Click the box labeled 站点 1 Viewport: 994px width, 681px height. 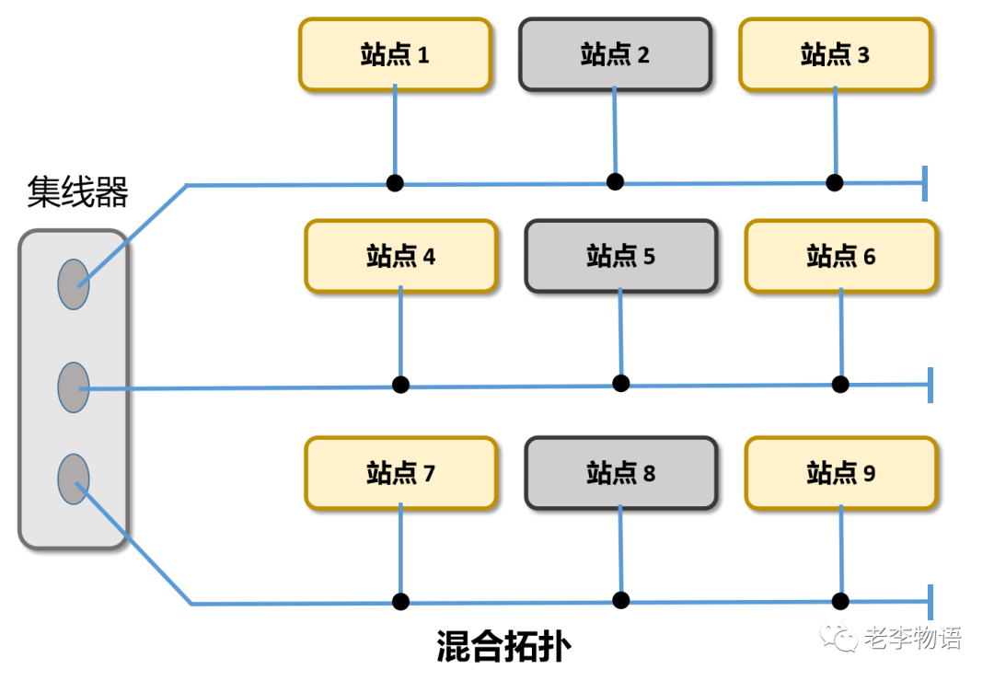pos(395,54)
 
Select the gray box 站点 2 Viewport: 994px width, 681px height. pos(615,54)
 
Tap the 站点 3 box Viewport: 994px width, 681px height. pos(836,54)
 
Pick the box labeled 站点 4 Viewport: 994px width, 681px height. pos(401,256)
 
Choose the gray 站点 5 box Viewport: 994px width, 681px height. pos(621,256)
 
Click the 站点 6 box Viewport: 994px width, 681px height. pos(841,256)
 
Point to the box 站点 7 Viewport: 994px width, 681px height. pos(401,473)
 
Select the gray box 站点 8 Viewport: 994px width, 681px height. pos(621,473)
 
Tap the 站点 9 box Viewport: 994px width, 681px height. pos(841,473)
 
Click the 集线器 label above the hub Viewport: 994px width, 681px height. pos(77,192)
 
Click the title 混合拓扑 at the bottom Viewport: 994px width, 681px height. pos(503,647)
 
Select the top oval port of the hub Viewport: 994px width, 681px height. pos(74,283)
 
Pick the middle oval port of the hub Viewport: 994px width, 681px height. pos(74,387)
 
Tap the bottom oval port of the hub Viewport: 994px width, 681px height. pos(74,479)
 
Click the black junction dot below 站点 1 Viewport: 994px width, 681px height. pos(395,182)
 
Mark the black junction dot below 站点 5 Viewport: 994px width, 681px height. pos(621,383)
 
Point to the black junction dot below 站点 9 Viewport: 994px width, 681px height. pos(840,601)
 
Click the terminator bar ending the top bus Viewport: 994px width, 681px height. pos(924,183)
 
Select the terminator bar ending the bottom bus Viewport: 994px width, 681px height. pos(930,602)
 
